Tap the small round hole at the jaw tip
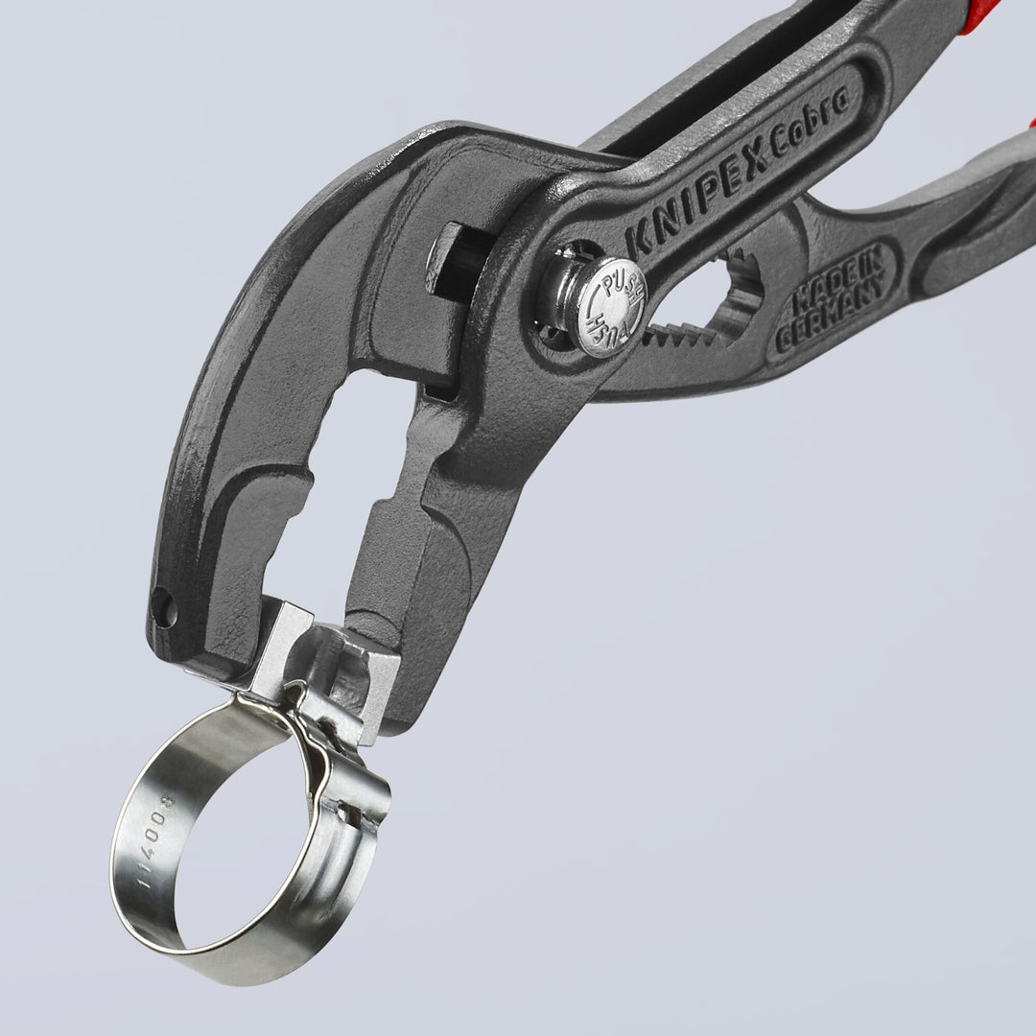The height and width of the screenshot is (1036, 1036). tap(163, 607)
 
